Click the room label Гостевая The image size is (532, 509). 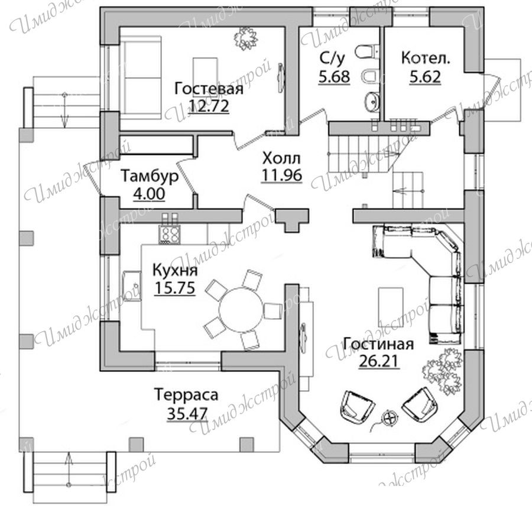click(x=209, y=89)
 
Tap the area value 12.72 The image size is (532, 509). click(x=209, y=106)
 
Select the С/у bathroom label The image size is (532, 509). click(x=332, y=59)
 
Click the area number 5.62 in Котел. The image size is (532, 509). click(x=425, y=77)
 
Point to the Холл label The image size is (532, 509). click(x=281, y=158)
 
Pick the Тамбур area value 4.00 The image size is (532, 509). click(x=150, y=194)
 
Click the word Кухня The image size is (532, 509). click(x=175, y=271)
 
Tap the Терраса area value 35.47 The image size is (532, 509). click(x=187, y=413)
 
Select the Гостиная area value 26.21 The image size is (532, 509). click(x=378, y=361)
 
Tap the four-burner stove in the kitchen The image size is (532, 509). click(x=169, y=234)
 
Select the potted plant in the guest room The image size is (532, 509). click(x=246, y=39)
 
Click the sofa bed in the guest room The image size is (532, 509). click(x=141, y=77)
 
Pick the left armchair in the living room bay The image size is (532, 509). click(x=357, y=407)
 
